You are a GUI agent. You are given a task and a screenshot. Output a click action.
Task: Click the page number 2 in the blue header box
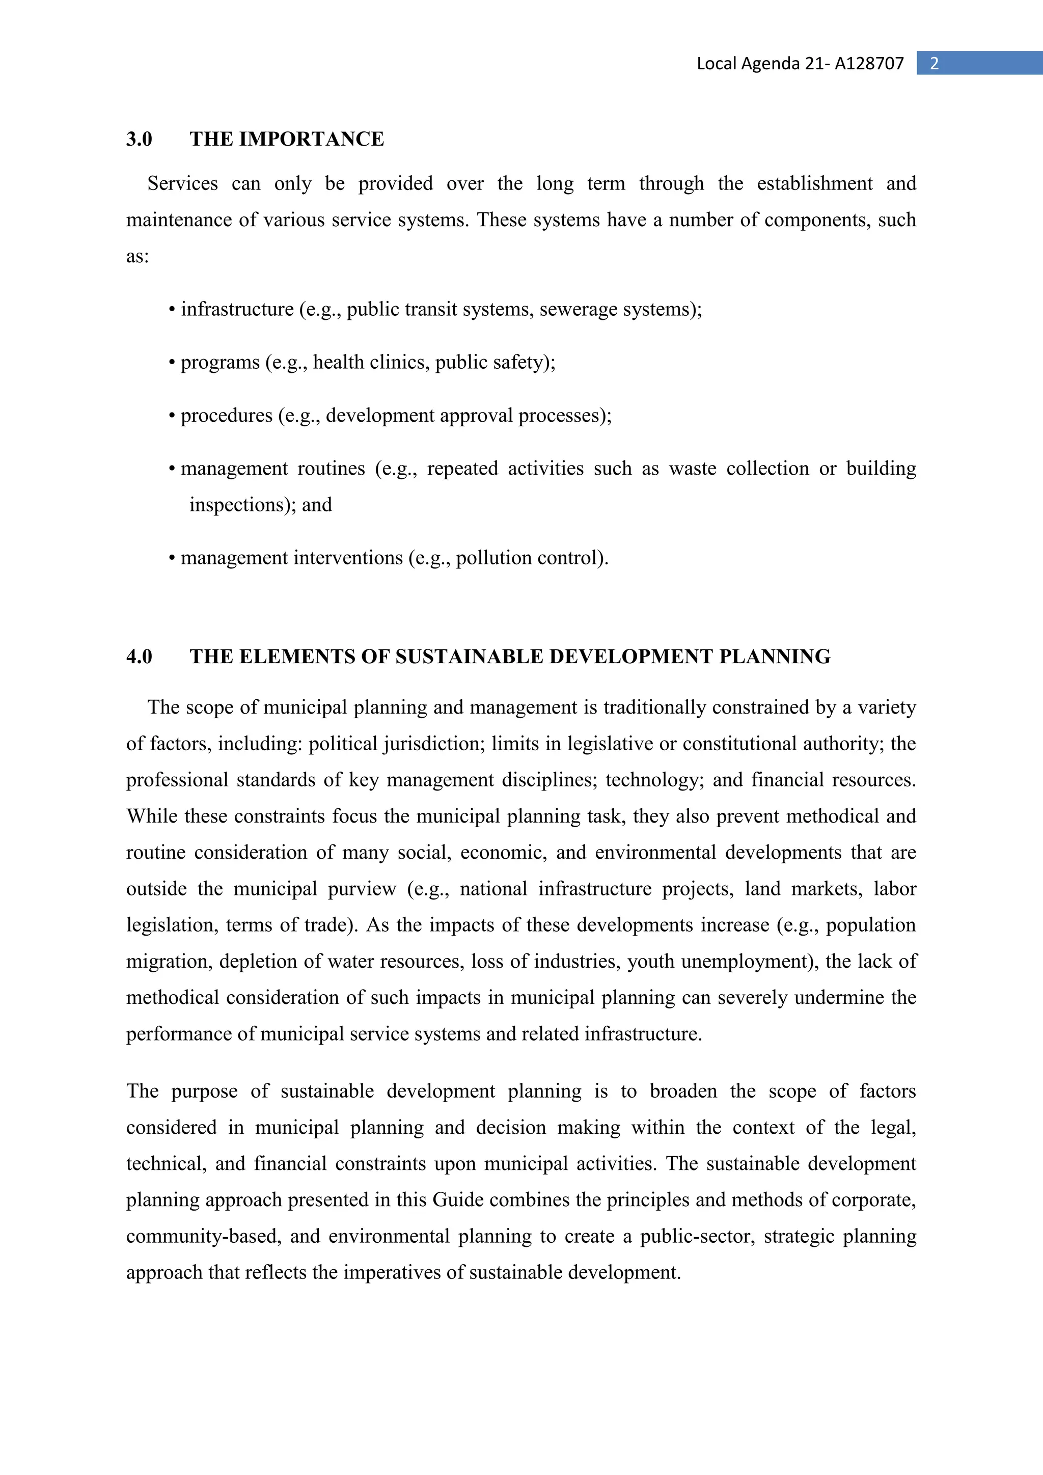(x=935, y=64)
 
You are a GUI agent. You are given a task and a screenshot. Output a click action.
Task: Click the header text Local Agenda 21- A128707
(x=800, y=64)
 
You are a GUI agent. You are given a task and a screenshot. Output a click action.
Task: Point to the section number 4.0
(x=139, y=657)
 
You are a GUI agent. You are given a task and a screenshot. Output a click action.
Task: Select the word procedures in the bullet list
(x=227, y=416)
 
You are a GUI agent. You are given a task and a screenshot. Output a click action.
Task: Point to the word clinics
(x=399, y=362)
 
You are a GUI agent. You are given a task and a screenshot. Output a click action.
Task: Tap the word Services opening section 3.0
(x=182, y=184)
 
